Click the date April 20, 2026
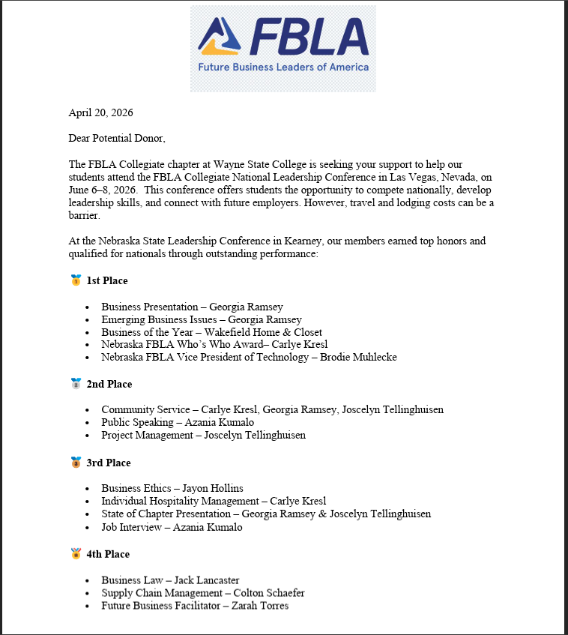pos(100,113)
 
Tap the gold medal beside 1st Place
pos(76,280)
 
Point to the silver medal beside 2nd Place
pos(76,384)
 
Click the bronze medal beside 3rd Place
pos(76,463)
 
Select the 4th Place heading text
pos(108,554)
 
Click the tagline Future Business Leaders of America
pos(283,67)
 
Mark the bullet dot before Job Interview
pos(87,527)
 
